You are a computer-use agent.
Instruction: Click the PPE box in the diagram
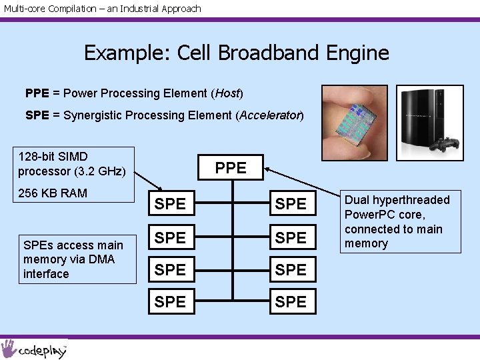click(231, 167)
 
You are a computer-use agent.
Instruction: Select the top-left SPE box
click(170, 204)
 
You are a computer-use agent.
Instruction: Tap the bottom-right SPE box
click(291, 302)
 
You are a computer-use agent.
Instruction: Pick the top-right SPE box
click(291, 204)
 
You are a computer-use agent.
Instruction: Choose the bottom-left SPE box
click(170, 302)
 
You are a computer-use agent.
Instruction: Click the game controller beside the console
click(445, 143)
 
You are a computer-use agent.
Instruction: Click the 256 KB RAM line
click(53, 193)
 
